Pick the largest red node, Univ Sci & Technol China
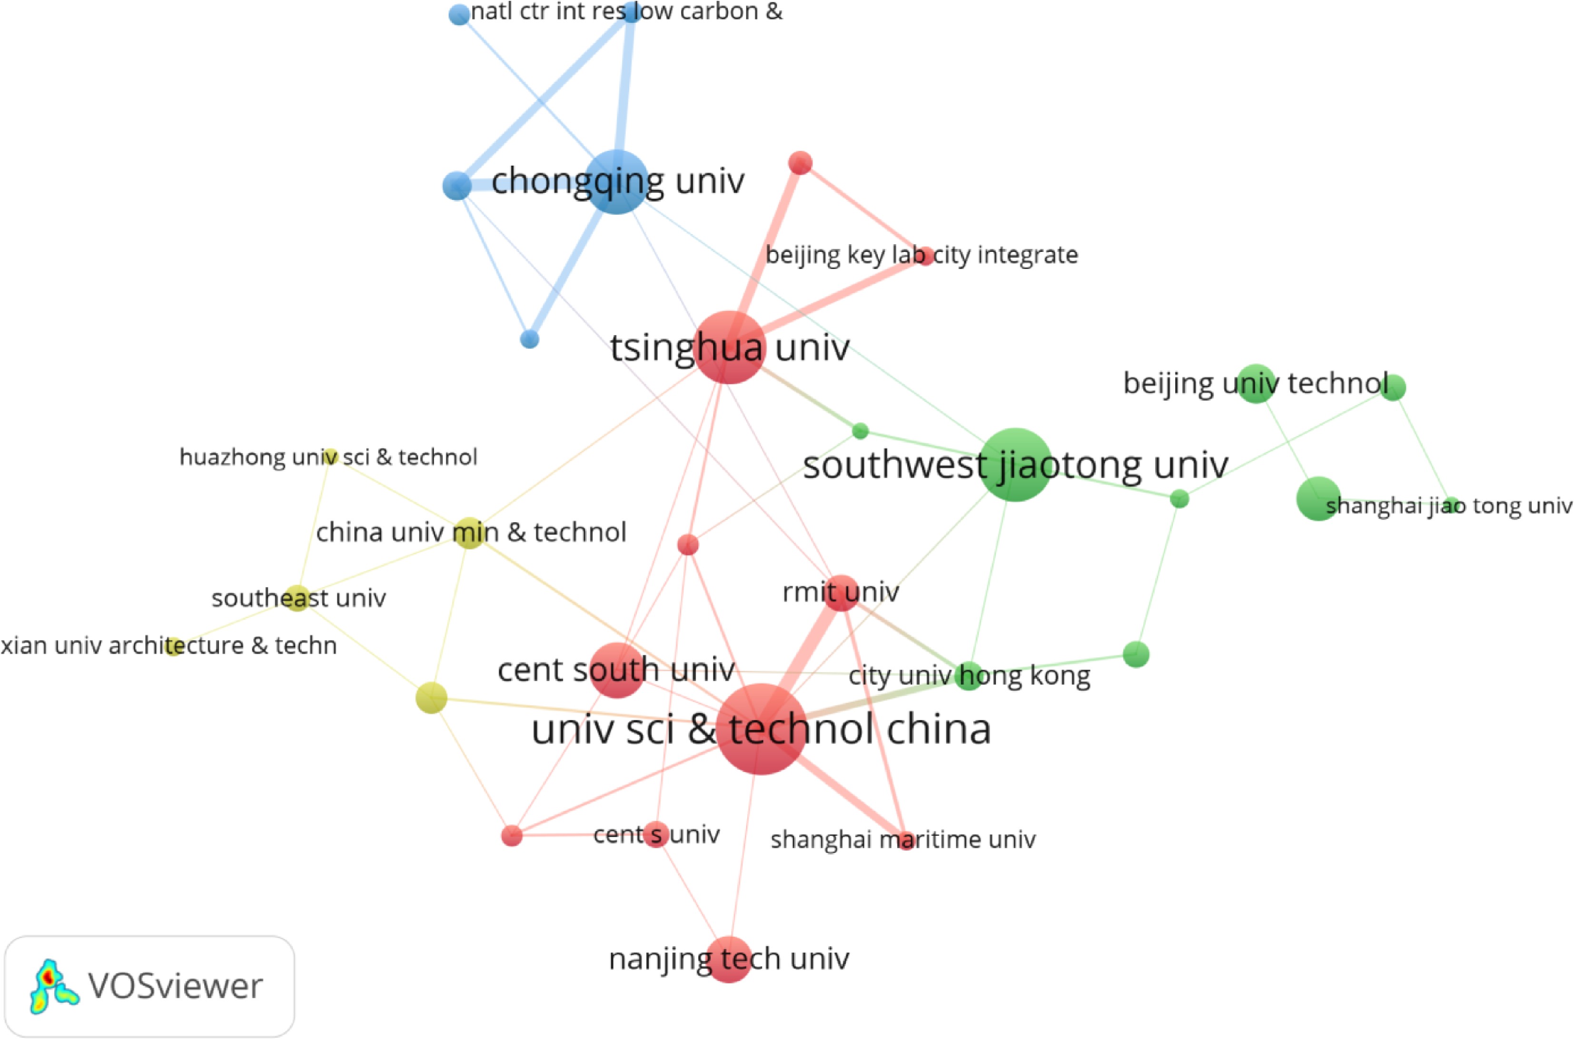point(761,729)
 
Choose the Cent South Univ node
point(617,670)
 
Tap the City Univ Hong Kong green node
point(969,676)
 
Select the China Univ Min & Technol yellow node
point(470,533)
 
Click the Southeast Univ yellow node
point(297,598)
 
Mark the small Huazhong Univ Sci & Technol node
point(331,456)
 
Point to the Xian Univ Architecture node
point(174,646)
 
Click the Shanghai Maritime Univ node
point(906,840)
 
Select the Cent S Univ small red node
point(656,834)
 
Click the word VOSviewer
point(176,986)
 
